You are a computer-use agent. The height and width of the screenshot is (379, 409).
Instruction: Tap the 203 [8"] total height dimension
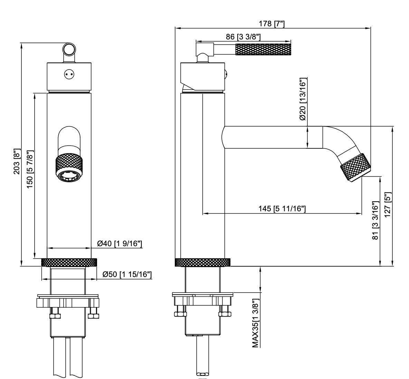coord(16,161)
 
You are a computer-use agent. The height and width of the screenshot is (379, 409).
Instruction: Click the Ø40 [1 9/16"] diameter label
coord(120,244)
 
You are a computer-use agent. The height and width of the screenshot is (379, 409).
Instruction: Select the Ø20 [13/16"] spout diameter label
coord(303,99)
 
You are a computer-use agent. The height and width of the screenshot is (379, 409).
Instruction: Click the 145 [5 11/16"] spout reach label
coord(282,209)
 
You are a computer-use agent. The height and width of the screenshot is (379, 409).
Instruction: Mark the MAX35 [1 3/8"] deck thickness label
coord(255,324)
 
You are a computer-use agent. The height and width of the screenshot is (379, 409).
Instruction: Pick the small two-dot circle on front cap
coord(69,74)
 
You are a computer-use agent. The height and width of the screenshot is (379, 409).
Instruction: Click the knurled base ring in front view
coord(69,262)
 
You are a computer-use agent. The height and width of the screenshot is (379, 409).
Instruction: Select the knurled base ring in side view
coord(202,262)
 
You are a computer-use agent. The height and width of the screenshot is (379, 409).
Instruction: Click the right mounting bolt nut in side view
coord(225,314)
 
